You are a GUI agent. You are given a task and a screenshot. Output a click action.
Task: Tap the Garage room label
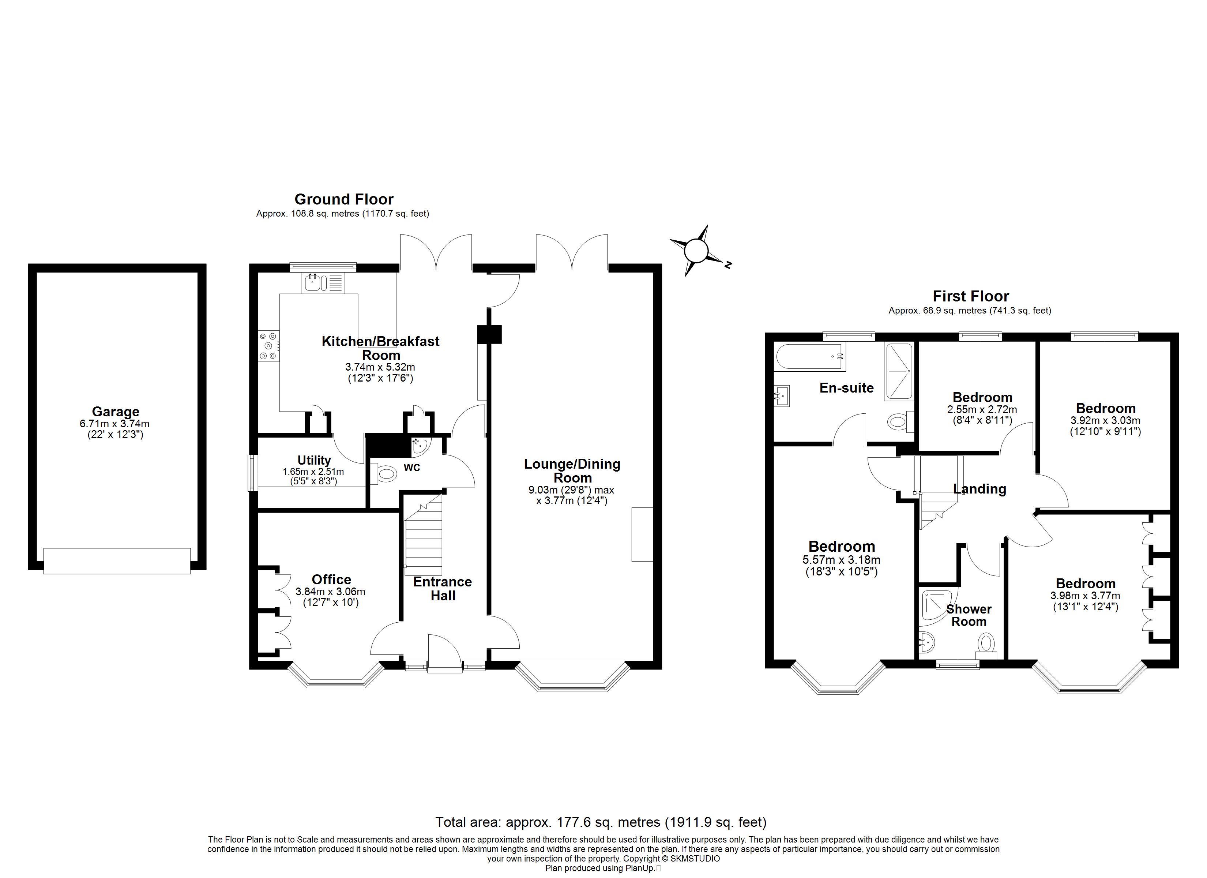(x=116, y=412)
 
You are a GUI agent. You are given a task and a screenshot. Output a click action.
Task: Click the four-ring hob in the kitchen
(x=268, y=346)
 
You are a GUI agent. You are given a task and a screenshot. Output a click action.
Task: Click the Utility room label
(x=314, y=460)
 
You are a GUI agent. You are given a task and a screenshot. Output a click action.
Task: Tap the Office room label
(x=331, y=579)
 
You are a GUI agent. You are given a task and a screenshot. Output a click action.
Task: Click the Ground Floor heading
(x=344, y=199)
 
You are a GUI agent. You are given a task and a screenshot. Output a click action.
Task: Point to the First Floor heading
(x=971, y=296)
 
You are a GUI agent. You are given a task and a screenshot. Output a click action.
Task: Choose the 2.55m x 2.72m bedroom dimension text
(x=982, y=410)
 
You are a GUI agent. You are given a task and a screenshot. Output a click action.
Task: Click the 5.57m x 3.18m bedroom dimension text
(x=841, y=560)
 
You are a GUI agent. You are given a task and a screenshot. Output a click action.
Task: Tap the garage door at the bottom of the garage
(x=117, y=561)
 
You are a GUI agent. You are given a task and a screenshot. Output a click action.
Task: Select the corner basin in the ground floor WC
(x=420, y=446)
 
